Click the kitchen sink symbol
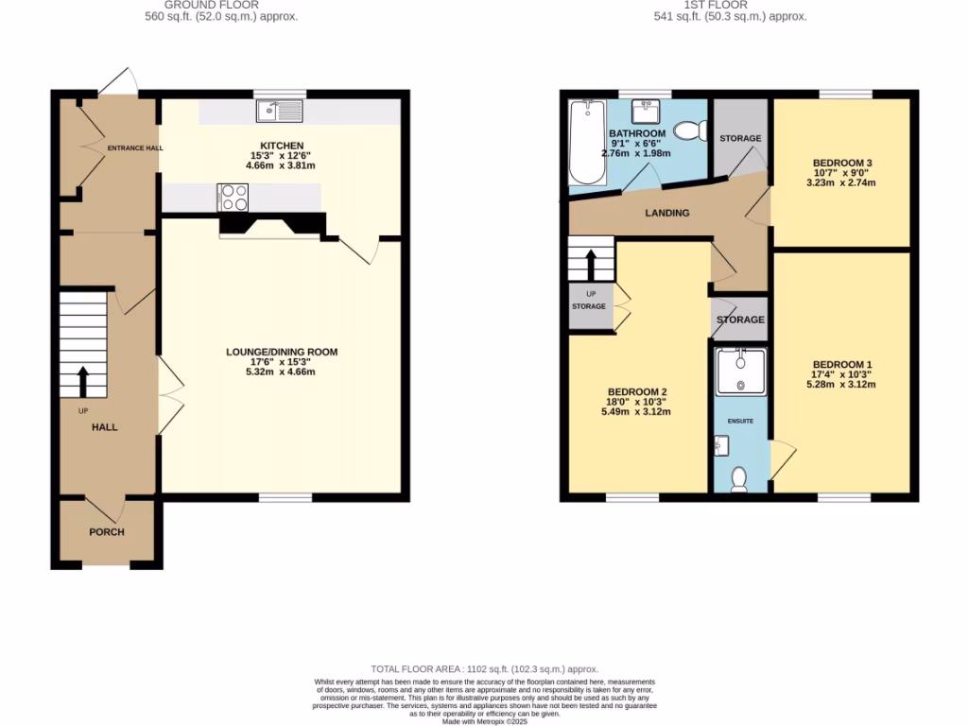click(279, 112)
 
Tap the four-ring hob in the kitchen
click(233, 198)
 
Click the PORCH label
click(107, 531)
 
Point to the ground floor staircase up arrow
click(81, 381)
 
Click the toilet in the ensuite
click(739, 480)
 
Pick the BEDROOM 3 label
click(842, 163)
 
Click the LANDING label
click(667, 213)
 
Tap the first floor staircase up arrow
click(591, 265)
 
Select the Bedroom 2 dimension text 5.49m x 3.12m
click(637, 412)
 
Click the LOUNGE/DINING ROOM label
click(281, 352)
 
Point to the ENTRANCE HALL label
click(134, 148)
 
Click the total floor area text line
click(483, 668)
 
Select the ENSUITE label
click(740, 420)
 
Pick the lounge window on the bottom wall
click(285, 495)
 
